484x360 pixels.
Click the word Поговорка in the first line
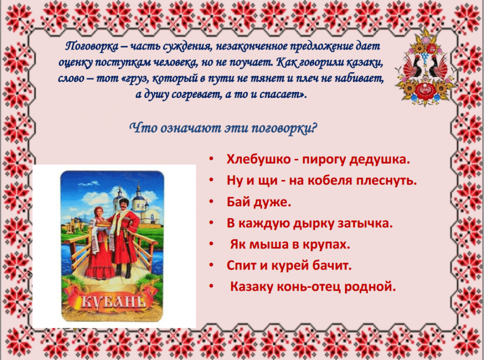coord(92,46)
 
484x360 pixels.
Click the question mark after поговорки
coord(314,128)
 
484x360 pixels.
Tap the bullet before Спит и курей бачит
coord(211,265)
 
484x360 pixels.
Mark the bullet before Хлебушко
coord(211,159)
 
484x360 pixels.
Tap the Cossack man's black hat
coord(124,202)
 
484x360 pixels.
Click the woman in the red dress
coord(99,243)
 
